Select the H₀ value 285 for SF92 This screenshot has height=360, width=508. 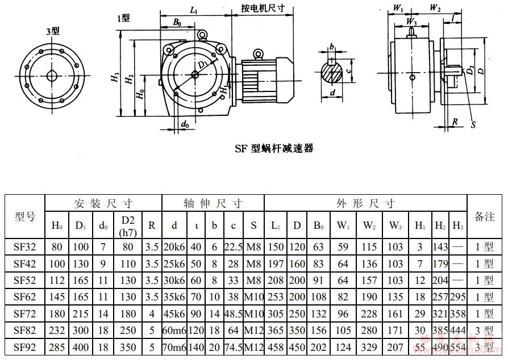[57, 347]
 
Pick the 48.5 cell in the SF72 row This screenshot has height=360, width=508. [234, 313]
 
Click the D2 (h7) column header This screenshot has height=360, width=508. [128, 225]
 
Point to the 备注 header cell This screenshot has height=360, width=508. [485, 216]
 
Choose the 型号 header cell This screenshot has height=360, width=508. [25, 216]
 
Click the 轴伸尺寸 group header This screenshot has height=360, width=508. [213, 203]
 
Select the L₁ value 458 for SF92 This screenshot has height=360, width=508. [276, 347]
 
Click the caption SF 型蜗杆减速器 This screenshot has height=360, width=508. [274, 149]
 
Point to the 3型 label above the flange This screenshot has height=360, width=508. [52, 31]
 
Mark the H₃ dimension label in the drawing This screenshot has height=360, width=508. [115, 78]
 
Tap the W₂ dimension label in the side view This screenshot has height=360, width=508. [435, 8]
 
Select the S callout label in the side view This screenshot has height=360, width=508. [473, 124]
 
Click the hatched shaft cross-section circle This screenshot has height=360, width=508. [332, 72]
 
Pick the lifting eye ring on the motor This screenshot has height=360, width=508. [259, 54]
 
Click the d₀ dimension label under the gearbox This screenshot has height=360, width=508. [184, 124]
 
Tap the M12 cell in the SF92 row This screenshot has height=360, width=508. [253, 347]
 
